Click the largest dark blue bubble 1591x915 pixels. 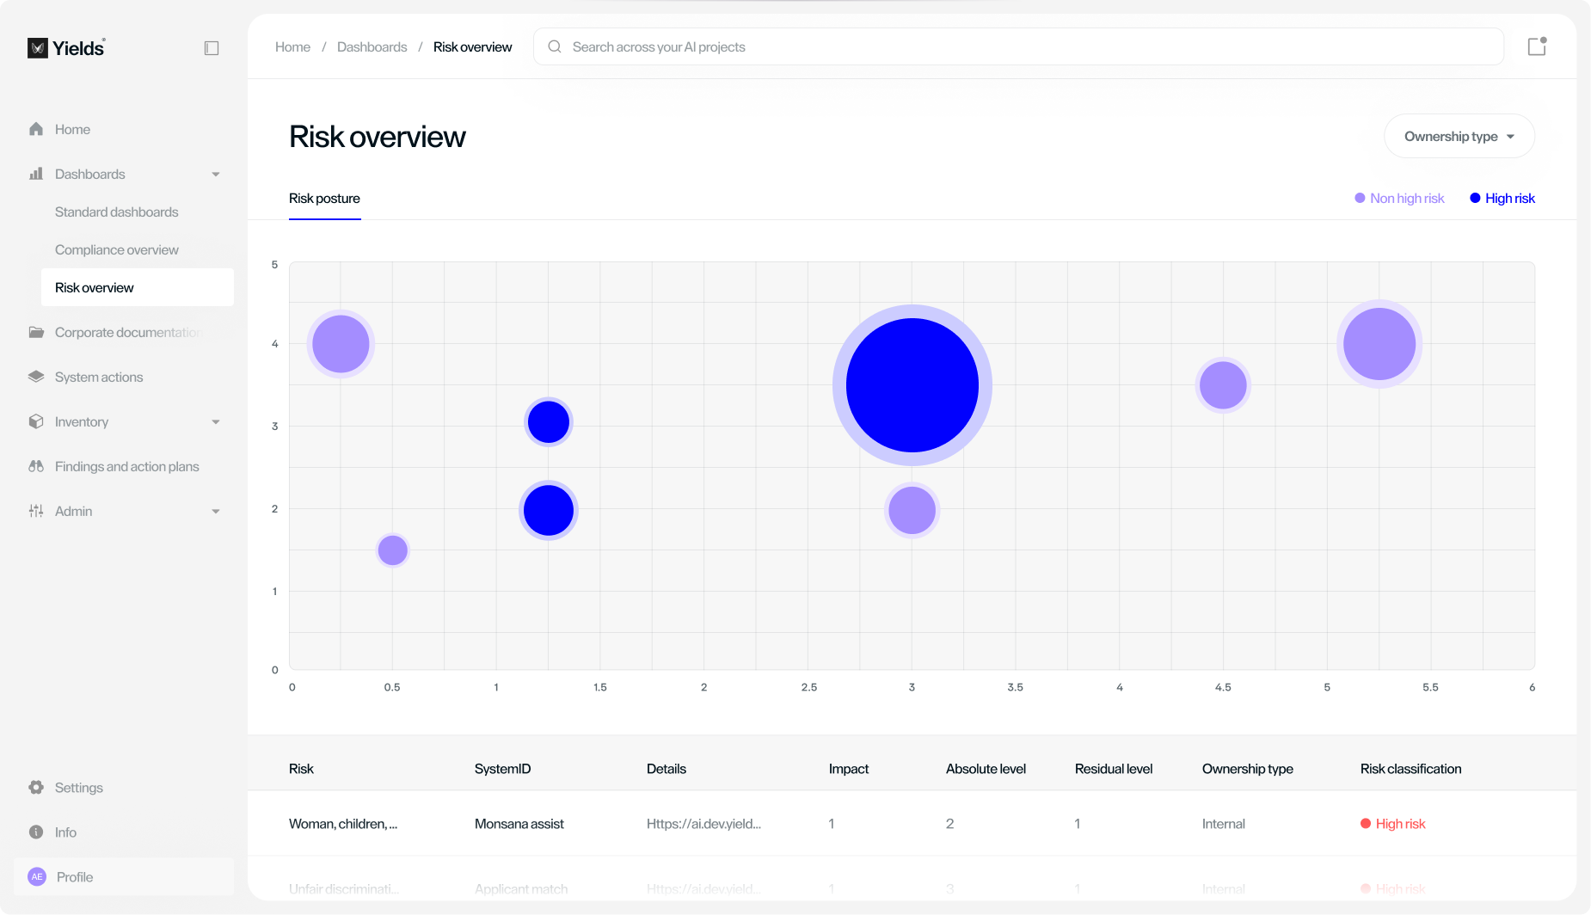[912, 385]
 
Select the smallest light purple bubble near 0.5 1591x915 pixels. [392, 550]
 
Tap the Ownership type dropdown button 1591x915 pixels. [1459, 137]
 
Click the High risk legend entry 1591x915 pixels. [1502, 199]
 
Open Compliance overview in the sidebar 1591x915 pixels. [117, 250]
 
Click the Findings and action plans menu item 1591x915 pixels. [126, 467]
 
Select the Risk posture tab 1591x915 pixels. [324, 199]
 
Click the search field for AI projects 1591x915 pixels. [1018, 47]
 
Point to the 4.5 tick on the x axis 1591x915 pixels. [1222, 687]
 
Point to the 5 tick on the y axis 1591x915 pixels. [275, 265]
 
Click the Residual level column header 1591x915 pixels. [1113, 769]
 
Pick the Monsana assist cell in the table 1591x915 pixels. [519, 824]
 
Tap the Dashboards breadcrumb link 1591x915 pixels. [372, 47]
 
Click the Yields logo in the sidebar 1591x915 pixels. [66, 48]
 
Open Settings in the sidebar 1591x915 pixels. [78, 788]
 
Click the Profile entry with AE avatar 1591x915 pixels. [75, 877]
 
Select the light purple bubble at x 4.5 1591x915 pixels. [1222, 385]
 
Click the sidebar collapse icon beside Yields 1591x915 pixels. [212, 48]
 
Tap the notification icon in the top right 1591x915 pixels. [1537, 47]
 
